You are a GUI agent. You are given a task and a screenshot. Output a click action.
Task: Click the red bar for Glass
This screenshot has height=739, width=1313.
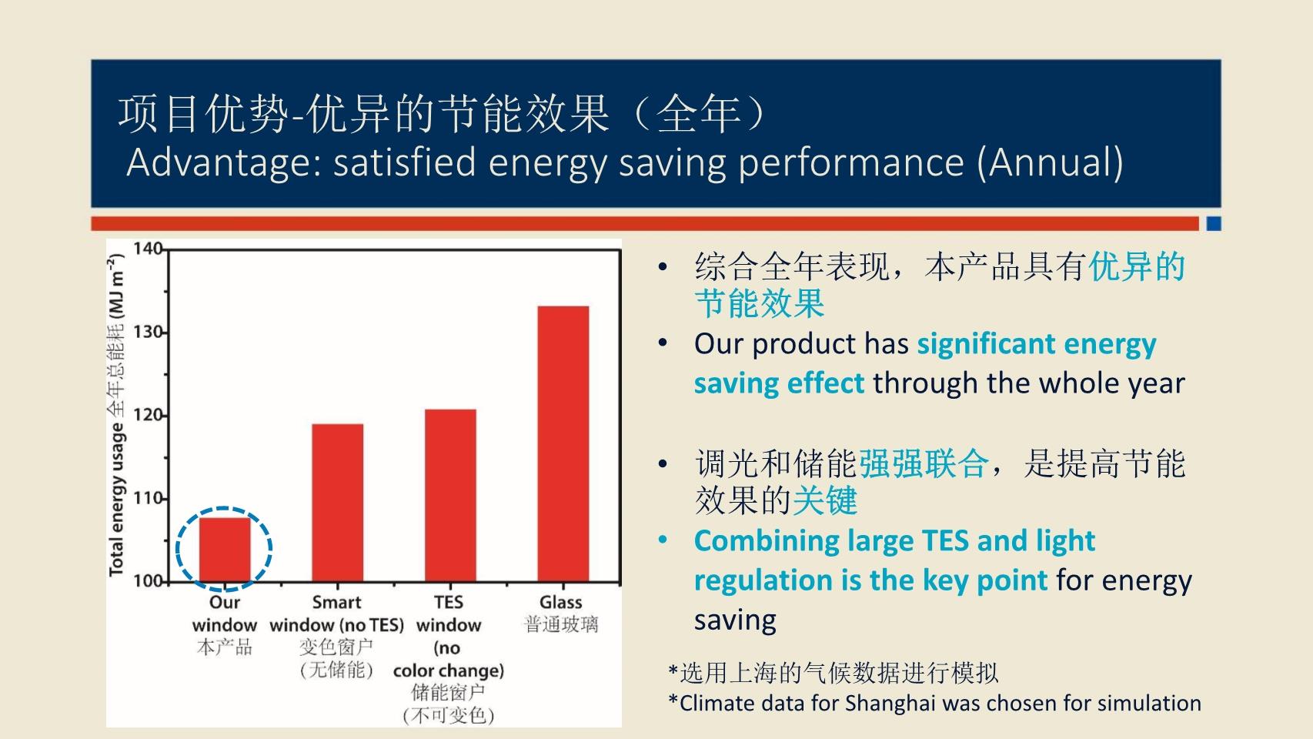[563, 444]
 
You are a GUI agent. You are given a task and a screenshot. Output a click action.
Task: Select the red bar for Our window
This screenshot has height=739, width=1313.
[225, 550]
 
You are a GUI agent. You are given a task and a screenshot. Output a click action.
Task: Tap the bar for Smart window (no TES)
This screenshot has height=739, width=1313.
[338, 503]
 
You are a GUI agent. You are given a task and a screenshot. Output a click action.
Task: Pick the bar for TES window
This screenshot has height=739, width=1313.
[450, 496]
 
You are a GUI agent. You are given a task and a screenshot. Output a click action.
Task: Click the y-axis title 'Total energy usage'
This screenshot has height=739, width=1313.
[117, 499]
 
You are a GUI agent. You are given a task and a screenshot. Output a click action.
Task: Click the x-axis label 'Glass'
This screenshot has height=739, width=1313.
[561, 602]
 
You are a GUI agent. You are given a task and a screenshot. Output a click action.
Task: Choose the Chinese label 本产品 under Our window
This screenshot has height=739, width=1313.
[225, 647]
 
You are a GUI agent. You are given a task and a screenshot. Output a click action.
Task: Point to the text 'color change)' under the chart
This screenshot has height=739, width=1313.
[449, 670]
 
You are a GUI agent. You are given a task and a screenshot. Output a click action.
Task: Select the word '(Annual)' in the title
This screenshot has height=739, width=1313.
[1050, 163]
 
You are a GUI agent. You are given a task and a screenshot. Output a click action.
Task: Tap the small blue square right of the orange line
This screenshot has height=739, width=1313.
[1214, 223]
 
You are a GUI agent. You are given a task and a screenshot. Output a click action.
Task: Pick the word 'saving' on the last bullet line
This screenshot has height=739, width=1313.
[735, 620]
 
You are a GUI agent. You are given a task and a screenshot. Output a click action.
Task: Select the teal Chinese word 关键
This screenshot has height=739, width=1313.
[825, 501]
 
